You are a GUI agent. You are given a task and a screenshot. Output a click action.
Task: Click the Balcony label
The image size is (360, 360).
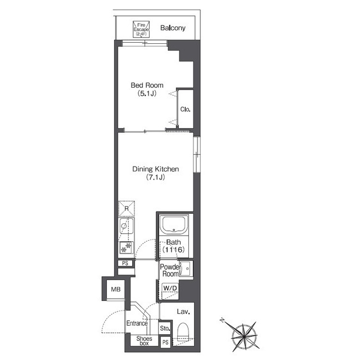pos(173,28)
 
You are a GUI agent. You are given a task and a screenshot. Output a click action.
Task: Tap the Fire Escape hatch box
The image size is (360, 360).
pos(141,29)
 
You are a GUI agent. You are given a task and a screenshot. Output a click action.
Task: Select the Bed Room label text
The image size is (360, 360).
pos(147,85)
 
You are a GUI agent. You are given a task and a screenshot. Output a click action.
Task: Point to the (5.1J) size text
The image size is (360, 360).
pos(147,93)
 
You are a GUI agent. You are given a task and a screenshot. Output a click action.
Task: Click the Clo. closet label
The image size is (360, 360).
pos(185,109)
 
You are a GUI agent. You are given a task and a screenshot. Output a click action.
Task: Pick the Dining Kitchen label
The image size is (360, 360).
pos(155,169)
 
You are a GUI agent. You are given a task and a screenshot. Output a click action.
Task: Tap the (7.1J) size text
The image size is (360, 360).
pos(155,177)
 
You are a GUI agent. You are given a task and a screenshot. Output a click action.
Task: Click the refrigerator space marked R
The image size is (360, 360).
pos(127,209)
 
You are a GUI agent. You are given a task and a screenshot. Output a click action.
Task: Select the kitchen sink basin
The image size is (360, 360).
pos(126,226)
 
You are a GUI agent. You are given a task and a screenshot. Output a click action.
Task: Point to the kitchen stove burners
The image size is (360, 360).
pos(126,247)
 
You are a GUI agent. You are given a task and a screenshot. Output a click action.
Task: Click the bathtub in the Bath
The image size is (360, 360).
pos(174,224)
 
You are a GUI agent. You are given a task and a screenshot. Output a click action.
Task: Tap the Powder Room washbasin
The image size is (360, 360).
pos(186,269)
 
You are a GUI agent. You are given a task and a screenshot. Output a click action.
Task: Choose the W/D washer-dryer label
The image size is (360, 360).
pos(170,288)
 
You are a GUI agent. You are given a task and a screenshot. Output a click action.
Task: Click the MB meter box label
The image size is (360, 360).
pos(116,289)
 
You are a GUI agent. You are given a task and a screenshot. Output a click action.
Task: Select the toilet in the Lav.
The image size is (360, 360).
pos(183,332)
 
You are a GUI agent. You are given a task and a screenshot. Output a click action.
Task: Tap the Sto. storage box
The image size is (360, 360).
pos(165,328)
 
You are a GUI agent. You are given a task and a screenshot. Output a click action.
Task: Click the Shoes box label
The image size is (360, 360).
pos(144,341)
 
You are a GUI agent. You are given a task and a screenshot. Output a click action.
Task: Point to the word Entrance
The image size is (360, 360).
pos(137,323)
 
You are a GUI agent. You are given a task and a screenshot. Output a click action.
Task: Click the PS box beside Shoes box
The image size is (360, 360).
pos(165,343)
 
